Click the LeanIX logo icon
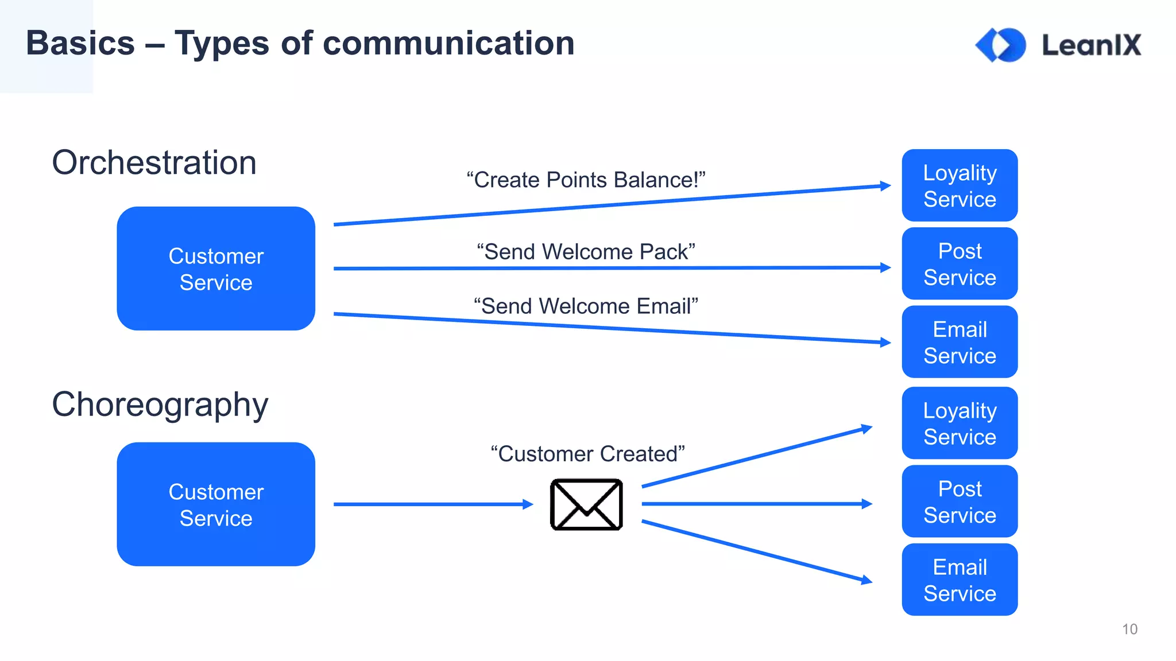tap(1001, 45)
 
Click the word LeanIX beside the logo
tap(1091, 45)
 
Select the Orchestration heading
tap(154, 162)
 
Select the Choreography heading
tap(160, 405)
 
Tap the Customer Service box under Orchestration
tap(216, 269)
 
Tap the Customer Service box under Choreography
tap(216, 504)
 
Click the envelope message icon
tap(586, 504)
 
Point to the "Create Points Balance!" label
tap(586, 180)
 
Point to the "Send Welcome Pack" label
tap(586, 251)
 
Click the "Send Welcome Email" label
tap(586, 306)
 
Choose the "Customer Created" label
tap(587, 454)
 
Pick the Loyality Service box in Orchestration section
tap(960, 185)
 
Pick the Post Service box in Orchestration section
tap(960, 264)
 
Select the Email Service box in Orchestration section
tap(960, 342)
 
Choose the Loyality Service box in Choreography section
tap(960, 423)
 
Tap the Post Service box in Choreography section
tap(960, 501)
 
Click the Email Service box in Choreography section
tap(960, 580)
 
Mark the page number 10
tap(1129, 629)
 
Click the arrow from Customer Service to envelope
tap(431, 504)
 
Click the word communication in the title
tap(448, 44)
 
